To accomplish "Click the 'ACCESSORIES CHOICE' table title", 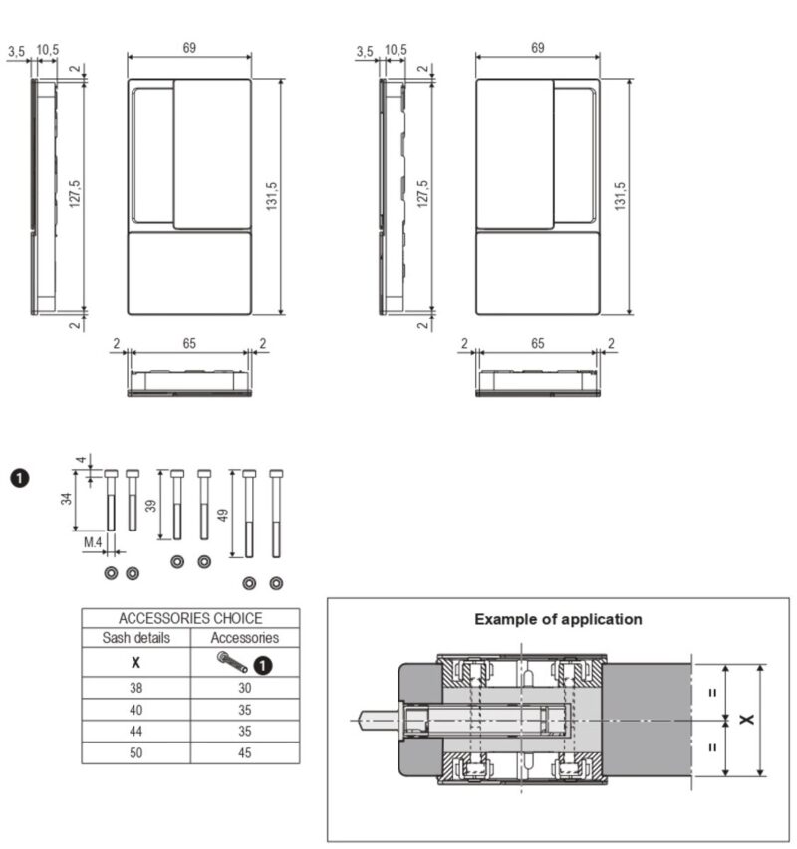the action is click(190, 618).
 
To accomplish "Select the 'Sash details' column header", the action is click(136, 638).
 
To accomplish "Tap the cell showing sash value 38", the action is click(136, 688).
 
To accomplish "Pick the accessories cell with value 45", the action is click(245, 752).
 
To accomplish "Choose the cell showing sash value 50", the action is click(136, 752).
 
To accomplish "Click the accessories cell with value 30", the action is click(245, 688).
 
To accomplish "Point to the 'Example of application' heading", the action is click(558, 619).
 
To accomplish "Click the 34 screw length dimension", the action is click(66, 498).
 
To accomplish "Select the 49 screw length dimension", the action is click(223, 515).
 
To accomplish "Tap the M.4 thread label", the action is click(93, 542).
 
